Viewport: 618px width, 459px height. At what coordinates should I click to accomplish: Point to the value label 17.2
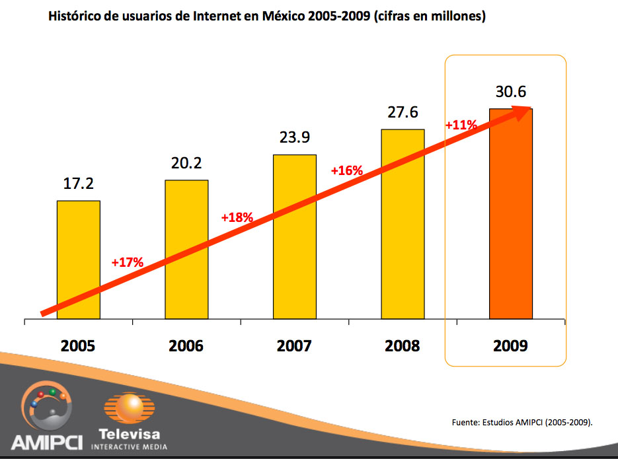(x=79, y=184)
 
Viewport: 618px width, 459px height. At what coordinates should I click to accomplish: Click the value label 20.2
(x=186, y=163)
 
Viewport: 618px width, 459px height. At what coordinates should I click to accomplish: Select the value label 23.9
(x=295, y=138)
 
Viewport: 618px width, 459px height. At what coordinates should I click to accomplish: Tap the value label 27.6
(x=403, y=112)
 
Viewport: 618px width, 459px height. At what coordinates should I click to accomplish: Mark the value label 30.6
(x=510, y=92)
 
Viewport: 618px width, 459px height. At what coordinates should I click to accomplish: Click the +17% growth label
(x=128, y=262)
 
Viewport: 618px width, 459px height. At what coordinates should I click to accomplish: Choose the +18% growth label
(x=237, y=217)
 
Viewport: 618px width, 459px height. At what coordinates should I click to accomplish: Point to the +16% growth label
(x=347, y=170)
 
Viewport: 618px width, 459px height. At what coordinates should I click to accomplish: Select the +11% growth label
(x=461, y=125)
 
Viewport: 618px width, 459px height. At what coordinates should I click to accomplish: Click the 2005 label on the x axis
(x=78, y=345)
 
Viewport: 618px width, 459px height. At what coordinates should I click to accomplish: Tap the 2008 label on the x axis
(x=402, y=345)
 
